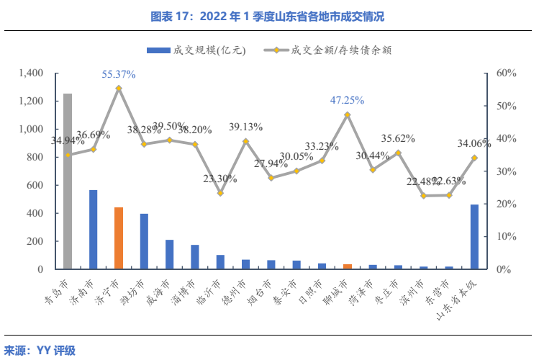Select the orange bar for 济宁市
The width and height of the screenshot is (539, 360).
(119, 238)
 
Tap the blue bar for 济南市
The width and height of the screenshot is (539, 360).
(94, 230)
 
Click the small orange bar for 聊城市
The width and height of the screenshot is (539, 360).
(348, 266)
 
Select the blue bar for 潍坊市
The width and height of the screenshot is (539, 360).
(144, 241)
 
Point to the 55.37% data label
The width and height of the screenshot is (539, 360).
(119, 74)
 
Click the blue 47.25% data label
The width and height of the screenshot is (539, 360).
(347, 100)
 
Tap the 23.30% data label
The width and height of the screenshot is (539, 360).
(219, 179)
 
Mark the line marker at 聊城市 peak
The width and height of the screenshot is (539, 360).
(348, 114)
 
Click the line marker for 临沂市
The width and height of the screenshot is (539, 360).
(220, 193)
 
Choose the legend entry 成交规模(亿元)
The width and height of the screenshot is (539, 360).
(189, 50)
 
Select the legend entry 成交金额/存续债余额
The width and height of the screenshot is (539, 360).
(331, 50)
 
